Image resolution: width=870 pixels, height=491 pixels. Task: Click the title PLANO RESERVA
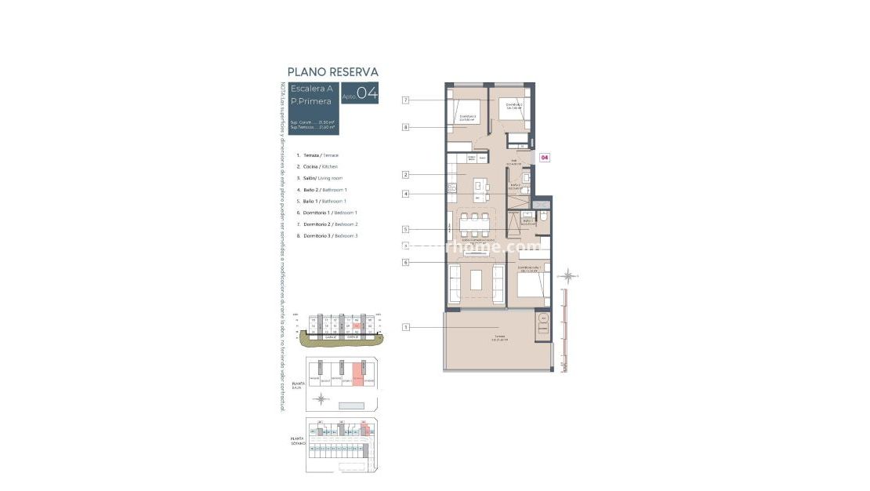[x=333, y=72]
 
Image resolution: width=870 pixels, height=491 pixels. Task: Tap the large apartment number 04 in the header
[x=367, y=93]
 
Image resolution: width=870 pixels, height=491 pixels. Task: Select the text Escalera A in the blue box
[x=311, y=89]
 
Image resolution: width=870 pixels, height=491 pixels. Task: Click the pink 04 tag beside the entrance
[x=545, y=158]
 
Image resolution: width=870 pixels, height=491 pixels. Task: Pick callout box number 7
[x=406, y=100]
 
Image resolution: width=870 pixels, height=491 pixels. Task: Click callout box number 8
[x=406, y=127]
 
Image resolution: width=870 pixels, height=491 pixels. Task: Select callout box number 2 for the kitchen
[x=406, y=174]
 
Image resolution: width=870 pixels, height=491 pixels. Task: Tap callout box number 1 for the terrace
[x=406, y=327]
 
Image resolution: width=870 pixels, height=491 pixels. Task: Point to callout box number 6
[x=406, y=263]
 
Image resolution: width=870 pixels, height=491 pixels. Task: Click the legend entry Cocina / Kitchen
[x=317, y=167]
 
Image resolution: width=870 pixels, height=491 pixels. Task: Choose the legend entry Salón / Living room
[x=319, y=178]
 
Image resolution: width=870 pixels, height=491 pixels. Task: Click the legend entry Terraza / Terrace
[x=317, y=155]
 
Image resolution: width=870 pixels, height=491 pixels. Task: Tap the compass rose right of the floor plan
[x=569, y=276]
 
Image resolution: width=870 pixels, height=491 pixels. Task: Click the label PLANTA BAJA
[x=298, y=385]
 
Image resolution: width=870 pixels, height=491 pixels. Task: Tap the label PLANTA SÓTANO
[x=298, y=442]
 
